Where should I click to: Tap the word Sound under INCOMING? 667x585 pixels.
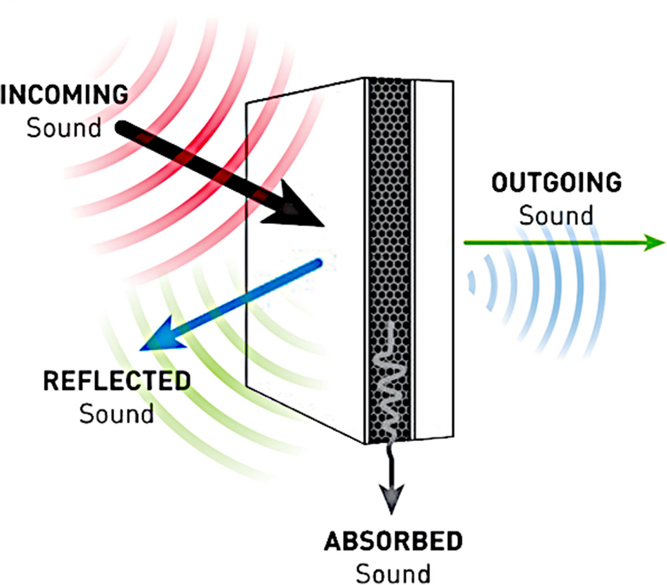pyautogui.click(x=63, y=127)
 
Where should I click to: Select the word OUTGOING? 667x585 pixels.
pyautogui.click(x=556, y=183)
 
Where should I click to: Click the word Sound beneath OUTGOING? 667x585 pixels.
pyautogui.click(x=556, y=215)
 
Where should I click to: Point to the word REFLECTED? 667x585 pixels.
pyautogui.click(x=116, y=381)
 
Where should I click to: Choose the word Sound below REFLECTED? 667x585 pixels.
pyautogui.click(x=116, y=414)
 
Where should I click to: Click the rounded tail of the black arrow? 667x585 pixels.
pyautogui.click(x=121, y=127)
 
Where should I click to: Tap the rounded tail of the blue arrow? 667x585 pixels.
pyautogui.click(x=318, y=263)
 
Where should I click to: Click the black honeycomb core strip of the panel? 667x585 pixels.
pyautogui.click(x=390, y=207)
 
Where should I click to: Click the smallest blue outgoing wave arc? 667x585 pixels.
pyautogui.click(x=471, y=282)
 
